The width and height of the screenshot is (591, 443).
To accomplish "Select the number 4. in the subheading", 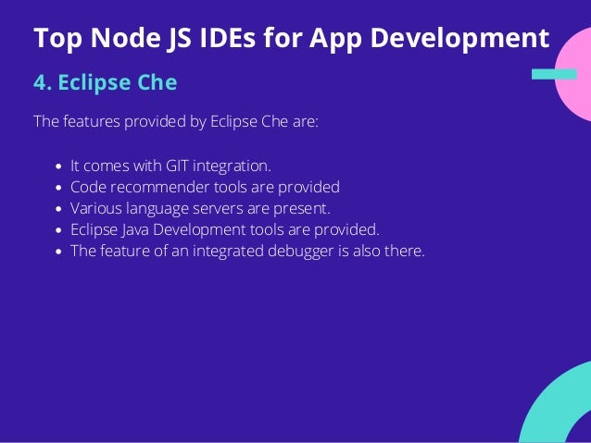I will pyautogui.click(x=42, y=83).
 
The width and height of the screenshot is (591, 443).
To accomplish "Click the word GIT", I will pyautogui.click(x=179, y=166).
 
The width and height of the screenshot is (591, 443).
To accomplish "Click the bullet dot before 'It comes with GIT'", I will pyautogui.click(x=59, y=167).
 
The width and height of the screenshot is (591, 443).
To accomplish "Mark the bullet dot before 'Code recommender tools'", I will pyautogui.click(x=59, y=188).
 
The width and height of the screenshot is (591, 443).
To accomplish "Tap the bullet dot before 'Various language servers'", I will pyautogui.click(x=59, y=208).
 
